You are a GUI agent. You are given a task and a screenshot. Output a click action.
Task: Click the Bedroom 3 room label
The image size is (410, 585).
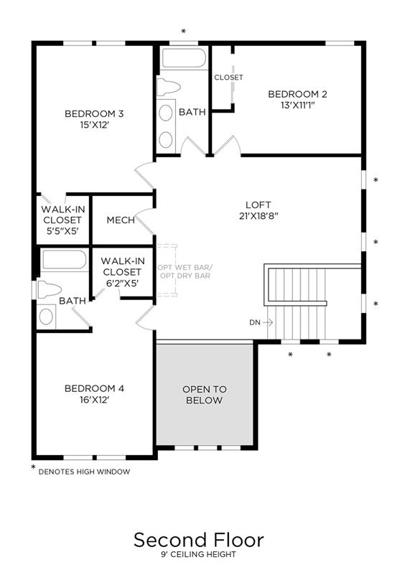pyautogui.click(x=94, y=113)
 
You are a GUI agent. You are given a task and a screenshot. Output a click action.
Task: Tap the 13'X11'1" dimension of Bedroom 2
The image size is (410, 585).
pyautogui.click(x=298, y=106)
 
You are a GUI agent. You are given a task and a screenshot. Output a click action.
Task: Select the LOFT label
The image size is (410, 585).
pyautogui.click(x=258, y=205)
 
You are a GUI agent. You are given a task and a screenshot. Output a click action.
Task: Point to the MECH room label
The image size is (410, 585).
pyautogui.click(x=121, y=220)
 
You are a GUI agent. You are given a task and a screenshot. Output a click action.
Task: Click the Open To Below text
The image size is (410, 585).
pyautogui.click(x=205, y=395)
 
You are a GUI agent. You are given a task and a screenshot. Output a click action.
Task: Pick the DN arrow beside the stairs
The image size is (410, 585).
pyautogui.click(x=268, y=322)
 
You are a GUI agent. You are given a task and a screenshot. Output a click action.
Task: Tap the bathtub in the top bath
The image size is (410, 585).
pyautogui.click(x=184, y=58)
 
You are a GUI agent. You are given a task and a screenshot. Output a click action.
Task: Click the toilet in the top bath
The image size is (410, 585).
pyautogui.click(x=168, y=88)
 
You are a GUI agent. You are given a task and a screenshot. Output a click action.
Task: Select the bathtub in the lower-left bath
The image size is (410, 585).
pyautogui.click(x=64, y=260)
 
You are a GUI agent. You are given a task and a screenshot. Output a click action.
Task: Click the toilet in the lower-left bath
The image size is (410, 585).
pyautogui.click(x=49, y=290)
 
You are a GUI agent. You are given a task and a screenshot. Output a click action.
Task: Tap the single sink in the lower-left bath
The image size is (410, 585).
pyautogui.click(x=46, y=317)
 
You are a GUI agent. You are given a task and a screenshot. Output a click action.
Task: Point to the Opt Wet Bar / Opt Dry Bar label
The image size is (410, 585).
pyautogui.click(x=185, y=271)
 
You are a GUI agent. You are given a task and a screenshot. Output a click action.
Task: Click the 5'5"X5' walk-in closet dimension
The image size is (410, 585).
pyautogui.click(x=62, y=231)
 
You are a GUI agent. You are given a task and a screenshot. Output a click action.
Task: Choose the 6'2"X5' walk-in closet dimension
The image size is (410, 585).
pyautogui.click(x=123, y=284)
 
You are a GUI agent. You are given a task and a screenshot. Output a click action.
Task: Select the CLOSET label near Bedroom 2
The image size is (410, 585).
pyautogui.click(x=228, y=78)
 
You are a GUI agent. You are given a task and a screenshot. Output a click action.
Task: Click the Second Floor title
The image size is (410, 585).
pyautogui.click(x=199, y=540)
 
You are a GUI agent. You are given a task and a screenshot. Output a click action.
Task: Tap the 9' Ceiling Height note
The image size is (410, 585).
pyautogui.click(x=198, y=554)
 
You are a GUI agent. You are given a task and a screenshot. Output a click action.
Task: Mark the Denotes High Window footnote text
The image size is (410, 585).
pyautogui.click(x=84, y=472)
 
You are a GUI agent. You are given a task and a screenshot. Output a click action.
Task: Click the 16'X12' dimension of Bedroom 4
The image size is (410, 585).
pyautogui.click(x=94, y=400)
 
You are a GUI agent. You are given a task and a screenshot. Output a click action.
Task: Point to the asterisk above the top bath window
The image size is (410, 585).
pyautogui.click(x=183, y=31)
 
